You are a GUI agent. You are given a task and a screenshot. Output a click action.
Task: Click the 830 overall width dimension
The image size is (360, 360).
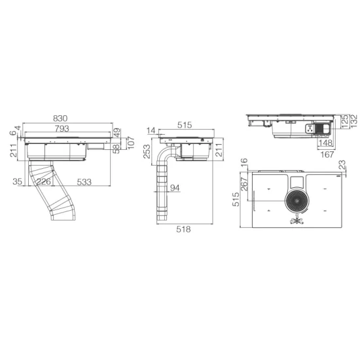click(60, 118)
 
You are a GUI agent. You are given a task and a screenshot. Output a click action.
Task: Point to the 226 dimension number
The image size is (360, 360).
click(43, 181)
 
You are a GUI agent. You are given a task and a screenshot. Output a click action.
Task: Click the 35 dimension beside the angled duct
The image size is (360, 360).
click(18, 181)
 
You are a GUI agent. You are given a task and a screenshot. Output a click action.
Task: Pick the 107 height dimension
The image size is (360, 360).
click(130, 143)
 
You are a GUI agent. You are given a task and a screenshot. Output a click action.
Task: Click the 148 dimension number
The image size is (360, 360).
click(325, 143)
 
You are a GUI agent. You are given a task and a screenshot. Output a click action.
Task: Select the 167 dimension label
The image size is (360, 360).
click(328, 155)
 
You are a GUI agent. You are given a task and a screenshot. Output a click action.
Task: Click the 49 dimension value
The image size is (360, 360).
click(117, 132)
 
